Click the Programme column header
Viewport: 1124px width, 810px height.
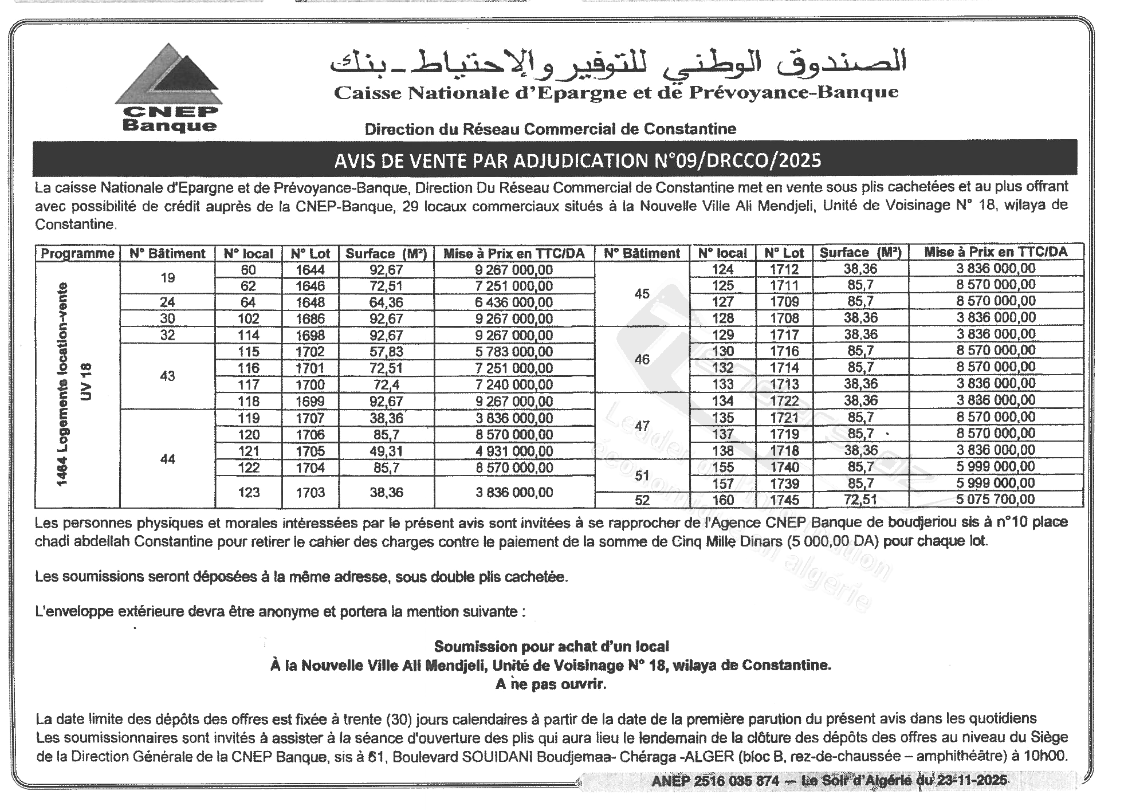point(77,254)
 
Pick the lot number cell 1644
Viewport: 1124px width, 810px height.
point(311,270)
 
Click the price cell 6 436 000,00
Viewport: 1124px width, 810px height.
point(514,302)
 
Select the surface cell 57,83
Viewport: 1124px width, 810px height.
point(386,352)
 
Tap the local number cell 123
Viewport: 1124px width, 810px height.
point(249,493)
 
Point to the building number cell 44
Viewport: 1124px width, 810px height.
point(167,459)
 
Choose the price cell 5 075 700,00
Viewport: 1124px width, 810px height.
point(995,500)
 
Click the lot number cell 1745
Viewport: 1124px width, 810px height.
point(784,500)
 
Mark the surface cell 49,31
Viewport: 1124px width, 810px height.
point(386,451)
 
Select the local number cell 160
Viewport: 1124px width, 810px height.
point(723,500)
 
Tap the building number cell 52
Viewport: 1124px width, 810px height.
point(642,500)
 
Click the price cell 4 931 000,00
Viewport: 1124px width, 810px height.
point(514,451)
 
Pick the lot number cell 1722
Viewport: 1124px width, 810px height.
point(784,400)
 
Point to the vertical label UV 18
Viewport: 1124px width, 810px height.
point(86,382)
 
